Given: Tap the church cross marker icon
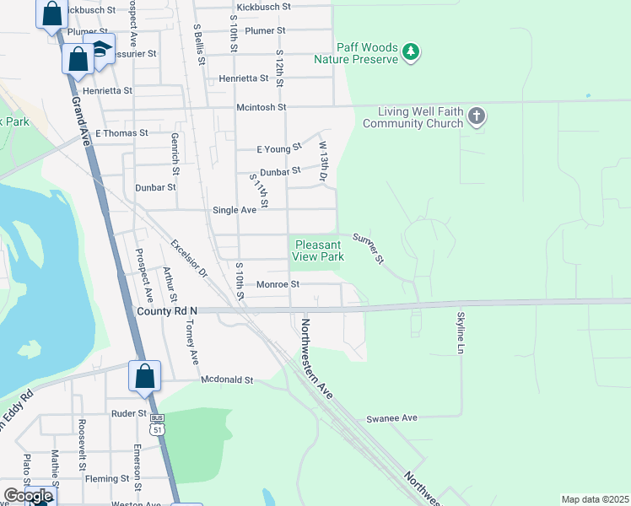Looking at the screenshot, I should pos(477,116).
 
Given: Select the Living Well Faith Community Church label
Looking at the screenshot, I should pos(413,117).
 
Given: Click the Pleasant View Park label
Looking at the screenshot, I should pos(319,250).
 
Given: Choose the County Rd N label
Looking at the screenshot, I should pos(166,311).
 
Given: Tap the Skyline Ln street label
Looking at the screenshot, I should pos(461,332).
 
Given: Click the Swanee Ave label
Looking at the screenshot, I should pos(391,418).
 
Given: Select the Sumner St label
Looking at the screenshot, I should pos(369,248).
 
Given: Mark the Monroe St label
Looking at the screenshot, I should pos(278,285).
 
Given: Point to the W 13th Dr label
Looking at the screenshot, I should pos(322,162).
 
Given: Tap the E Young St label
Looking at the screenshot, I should pos(279,149).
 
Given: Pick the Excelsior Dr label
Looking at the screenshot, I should pos(189,259).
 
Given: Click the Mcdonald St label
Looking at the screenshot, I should pos(227,380).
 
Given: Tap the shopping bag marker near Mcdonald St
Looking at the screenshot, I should pos(144,376).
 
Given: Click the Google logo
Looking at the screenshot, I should pos(28,496).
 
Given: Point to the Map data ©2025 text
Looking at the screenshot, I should pos(594,499).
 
